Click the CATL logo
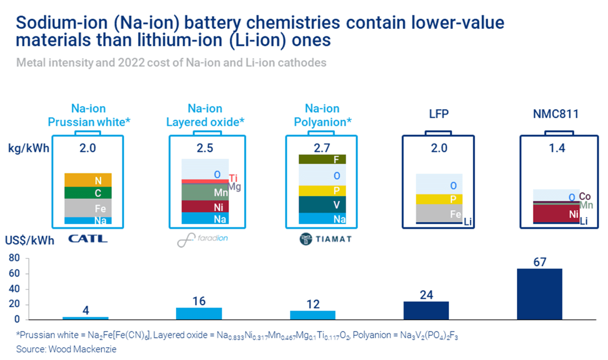click(x=88, y=239)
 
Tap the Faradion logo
click(x=203, y=239)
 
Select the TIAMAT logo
click(x=326, y=239)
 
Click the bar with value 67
click(x=539, y=294)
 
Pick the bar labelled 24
click(x=426, y=310)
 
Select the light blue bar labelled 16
click(x=199, y=313)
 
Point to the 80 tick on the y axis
click(x=14, y=258)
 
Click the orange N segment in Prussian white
click(x=88, y=180)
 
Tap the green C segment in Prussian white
click(x=88, y=193)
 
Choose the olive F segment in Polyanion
click(x=322, y=159)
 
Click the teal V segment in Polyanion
click(x=322, y=204)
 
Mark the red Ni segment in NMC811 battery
click(x=556, y=213)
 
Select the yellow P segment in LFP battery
click(x=439, y=199)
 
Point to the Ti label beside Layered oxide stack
click(x=233, y=178)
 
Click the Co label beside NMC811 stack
click(x=584, y=196)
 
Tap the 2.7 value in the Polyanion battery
click(x=322, y=148)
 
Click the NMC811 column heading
click(x=556, y=114)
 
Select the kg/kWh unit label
click(x=28, y=148)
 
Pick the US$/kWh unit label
click(x=30, y=240)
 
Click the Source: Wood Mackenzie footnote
click(x=66, y=349)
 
